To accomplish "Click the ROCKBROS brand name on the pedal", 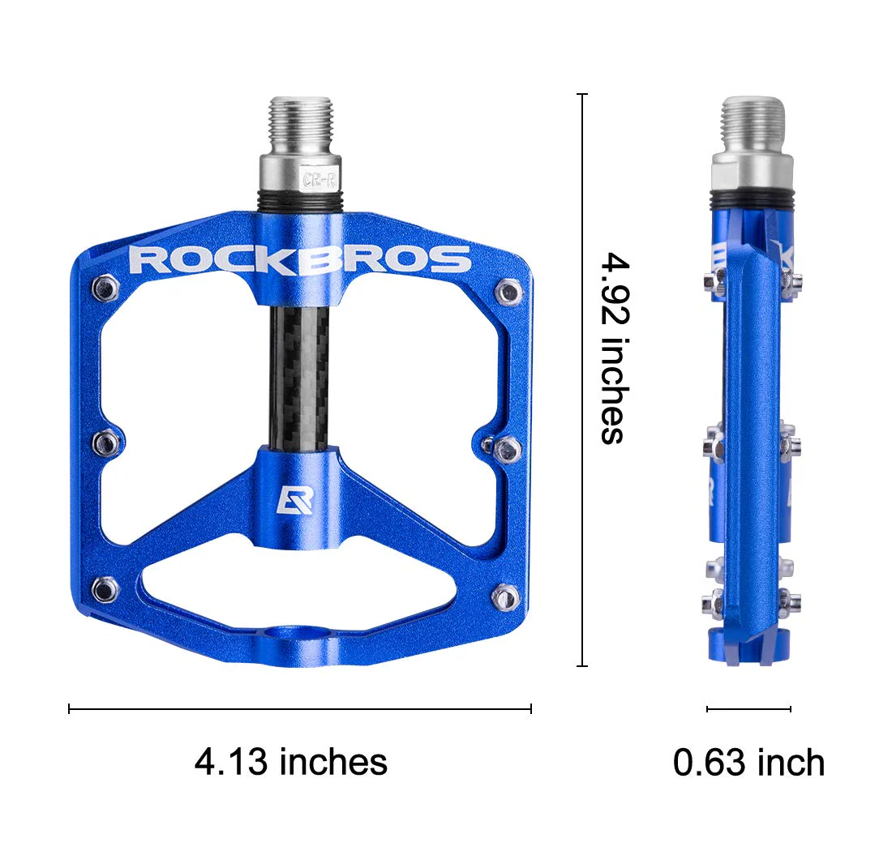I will (x=300, y=259).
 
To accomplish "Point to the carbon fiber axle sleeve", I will (x=300, y=378).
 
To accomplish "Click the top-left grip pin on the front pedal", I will (x=105, y=285).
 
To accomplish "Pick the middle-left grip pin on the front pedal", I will (x=106, y=442).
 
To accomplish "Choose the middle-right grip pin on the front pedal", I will (x=506, y=446).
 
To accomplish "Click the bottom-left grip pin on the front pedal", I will (x=105, y=589).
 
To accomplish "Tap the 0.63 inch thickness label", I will (x=748, y=763).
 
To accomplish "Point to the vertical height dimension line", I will (x=581, y=381).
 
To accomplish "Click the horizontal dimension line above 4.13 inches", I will (x=300, y=709).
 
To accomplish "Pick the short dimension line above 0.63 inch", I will (x=748, y=709).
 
